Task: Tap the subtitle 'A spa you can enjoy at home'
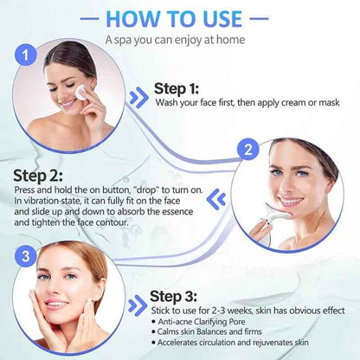pyautogui.click(x=179, y=39)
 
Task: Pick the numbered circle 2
pyautogui.click(x=248, y=149)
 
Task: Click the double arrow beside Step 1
pyautogui.click(x=138, y=95)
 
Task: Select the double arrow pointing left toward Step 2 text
pyautogui.click(x=219, y=199)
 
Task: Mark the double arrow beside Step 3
pyautogui.click(x=136, y=305)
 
